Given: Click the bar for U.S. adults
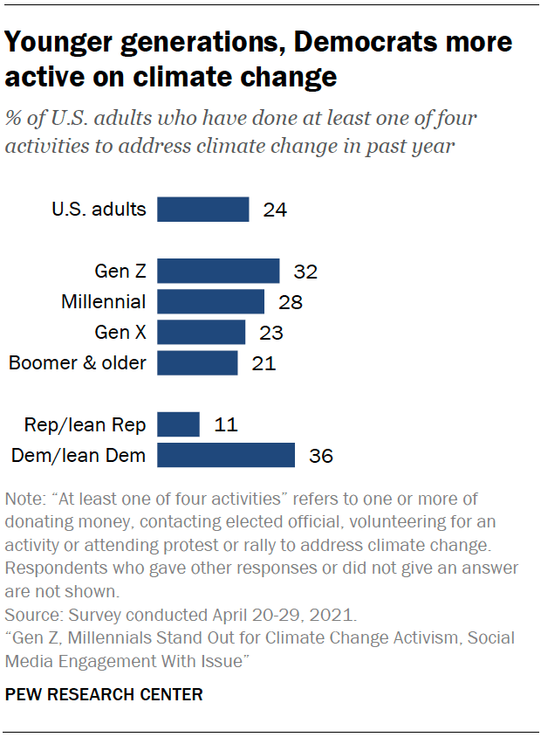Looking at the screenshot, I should (202, 210).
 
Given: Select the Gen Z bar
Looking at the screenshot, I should (218, 272).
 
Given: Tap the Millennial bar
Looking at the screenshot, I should (210, 302).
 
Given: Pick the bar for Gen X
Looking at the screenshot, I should (201, 333).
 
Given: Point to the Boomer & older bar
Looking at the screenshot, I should (197, 363).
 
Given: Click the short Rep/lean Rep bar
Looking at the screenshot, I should (178, 424).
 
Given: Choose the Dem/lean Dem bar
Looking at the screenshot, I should (225, 455).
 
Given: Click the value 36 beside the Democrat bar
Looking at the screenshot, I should (321, 456).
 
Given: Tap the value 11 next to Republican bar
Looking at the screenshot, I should (225, 425).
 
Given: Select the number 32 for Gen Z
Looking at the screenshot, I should (305, 272).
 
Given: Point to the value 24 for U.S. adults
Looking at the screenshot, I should (275, 210).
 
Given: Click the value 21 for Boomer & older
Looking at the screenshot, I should (264, 364).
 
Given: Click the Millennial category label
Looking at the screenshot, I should (103, 302).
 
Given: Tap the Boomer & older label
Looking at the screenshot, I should (78, 363).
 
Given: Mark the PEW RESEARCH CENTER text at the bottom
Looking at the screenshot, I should (104, 695).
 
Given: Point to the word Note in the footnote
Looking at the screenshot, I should (23, 499).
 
